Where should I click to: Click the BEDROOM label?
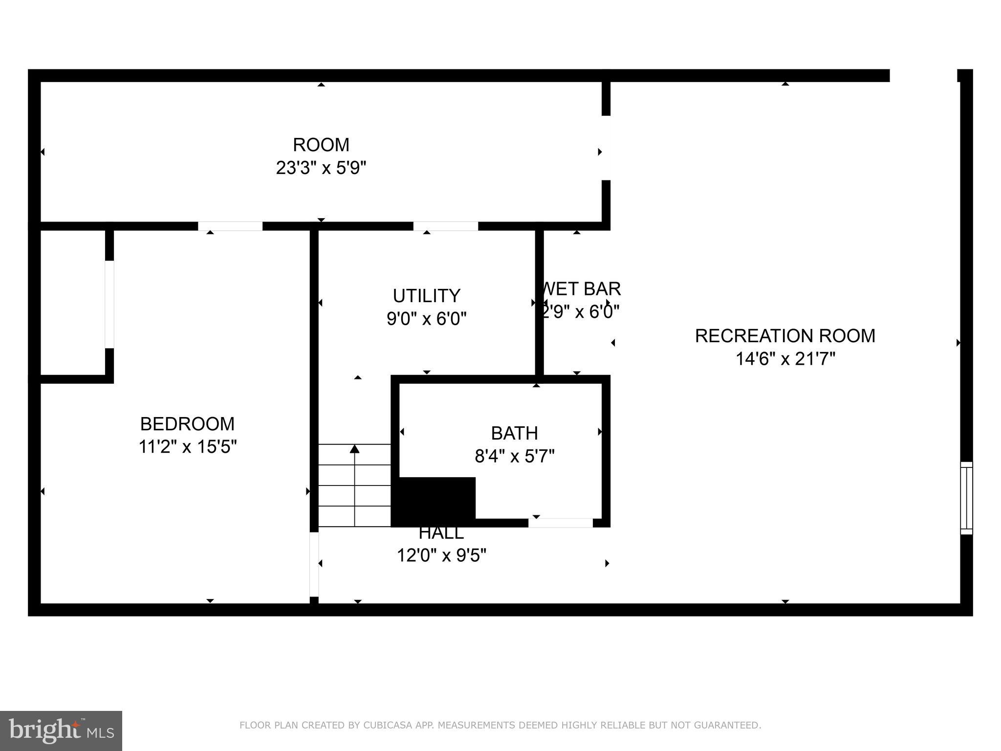point(187,423)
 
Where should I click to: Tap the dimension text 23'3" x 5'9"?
point(321,168)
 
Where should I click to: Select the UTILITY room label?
point(426,296)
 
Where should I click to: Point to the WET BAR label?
point(581,289)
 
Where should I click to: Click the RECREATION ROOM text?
point(785,336)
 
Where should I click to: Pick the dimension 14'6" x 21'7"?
point(785,359)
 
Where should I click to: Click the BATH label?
point(514,433)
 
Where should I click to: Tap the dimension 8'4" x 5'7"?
point(514,457)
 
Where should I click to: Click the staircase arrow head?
point(355,448)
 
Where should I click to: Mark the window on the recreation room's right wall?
point(966,498)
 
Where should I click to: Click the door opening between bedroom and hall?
point(314,564)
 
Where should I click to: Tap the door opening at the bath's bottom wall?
point(560,523)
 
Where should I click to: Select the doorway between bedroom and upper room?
point(230,226)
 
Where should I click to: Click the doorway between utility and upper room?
point(445,226)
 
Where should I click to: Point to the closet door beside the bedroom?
point(109,305)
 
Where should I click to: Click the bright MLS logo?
point(61,730)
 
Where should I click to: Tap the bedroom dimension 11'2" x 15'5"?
point(187,447)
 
